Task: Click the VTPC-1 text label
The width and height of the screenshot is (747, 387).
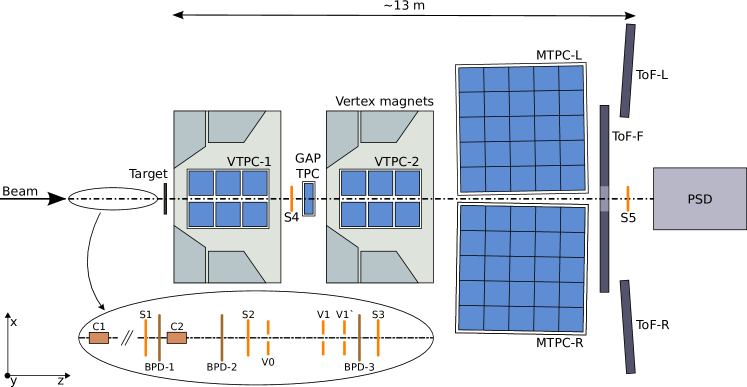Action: tap(249, 162)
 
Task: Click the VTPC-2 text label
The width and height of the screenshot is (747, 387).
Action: tap(397, 162)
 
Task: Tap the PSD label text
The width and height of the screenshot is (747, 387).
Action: tap(700, 199)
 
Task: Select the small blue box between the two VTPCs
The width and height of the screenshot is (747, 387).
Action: tap(309, 198)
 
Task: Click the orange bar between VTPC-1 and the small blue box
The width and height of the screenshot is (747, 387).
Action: tap(291, 198)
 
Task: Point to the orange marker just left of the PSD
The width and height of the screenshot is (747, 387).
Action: tap(628, 198)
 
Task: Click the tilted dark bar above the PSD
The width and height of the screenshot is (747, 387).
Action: tap(628, 70)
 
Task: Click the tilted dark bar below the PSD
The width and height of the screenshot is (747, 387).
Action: tap(628, 326)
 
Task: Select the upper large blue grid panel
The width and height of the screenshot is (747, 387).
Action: tap(521, 129)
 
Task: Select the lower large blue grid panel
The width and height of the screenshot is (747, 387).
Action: tap(521, 268)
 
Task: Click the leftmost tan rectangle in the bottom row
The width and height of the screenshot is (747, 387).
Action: tap(99, 338)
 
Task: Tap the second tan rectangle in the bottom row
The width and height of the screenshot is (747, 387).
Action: tap(176, 338)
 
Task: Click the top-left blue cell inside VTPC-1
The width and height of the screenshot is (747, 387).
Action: tap(201, 183)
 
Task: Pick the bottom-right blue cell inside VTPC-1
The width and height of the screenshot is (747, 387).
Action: tap(255, 214)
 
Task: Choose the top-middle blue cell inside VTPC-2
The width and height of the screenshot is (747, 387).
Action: tap(380, 183)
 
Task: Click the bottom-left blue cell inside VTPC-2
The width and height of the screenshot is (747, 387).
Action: tap(353, 214)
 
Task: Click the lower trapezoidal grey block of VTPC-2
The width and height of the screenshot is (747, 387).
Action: tap(386, 267)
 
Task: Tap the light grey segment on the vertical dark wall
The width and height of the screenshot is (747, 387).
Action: tap(604, 198)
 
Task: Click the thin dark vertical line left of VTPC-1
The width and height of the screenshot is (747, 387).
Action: tap(165, 198)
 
